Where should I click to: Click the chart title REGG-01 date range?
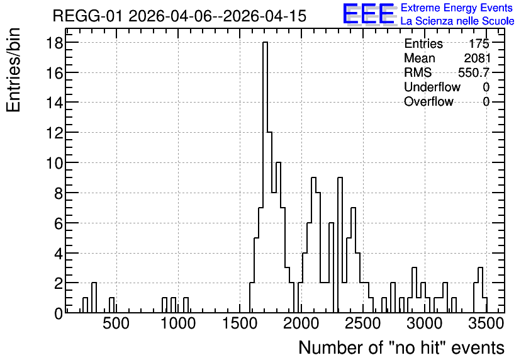coord(179,16)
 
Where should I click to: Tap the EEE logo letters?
coord(369,14)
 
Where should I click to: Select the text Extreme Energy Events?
coord(457,8)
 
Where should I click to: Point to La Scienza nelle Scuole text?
coord(457,21)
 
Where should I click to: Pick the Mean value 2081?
coord(477,58)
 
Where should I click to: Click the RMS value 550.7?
coord(474,72)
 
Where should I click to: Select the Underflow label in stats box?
coord(432,87)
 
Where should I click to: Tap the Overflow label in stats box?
coord(428,102)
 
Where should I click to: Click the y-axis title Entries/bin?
coord(14,70)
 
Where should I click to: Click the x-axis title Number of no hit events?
coord(401,347)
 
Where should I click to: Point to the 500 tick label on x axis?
coord(116,323)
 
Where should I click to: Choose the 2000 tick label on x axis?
coord(301,323)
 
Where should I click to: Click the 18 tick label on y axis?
coord(54,43)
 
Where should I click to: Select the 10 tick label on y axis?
coord(54,163)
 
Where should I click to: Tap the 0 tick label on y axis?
coord(59,313)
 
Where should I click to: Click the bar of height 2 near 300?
coord(94,298)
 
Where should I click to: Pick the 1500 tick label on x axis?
coord(240,323)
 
